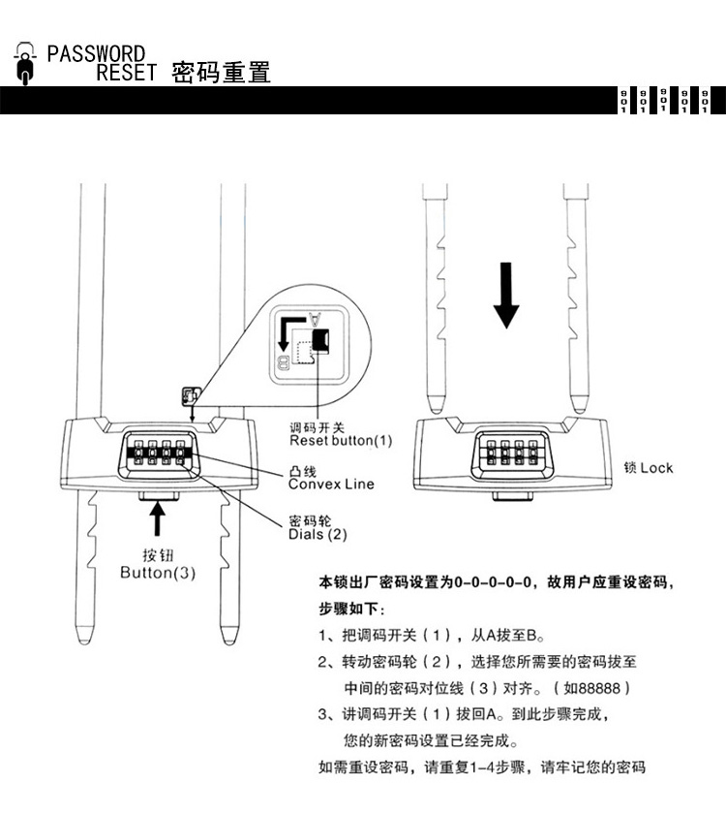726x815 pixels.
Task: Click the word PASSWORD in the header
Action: (x=96, y=53)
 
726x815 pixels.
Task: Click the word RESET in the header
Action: (x=125, y=73)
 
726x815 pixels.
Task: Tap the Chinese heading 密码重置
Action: (x=221, y=73)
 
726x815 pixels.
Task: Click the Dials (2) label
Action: (x=317, y=533)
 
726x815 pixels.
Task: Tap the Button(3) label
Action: (x=158, y=572)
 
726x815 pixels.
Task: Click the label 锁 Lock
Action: (x=649, y=467)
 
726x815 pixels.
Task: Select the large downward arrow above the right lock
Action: (x=505, y=295)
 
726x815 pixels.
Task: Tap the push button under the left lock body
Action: (x=159, y=496)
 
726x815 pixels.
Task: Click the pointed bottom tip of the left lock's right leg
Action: (x=230, y=635)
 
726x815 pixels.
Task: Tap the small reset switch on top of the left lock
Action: (x=189, y=397)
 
